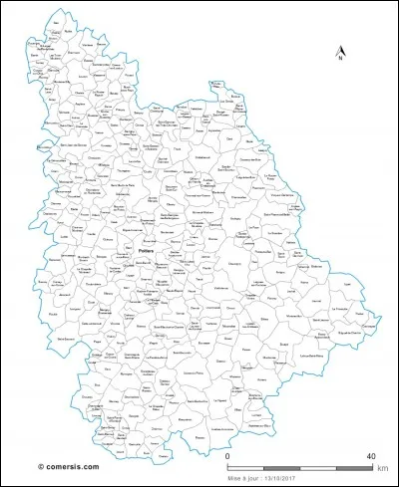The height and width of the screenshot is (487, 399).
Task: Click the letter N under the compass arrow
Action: (x=340, y=60)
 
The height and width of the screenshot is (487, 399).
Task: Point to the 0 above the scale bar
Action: (x=228, y=456)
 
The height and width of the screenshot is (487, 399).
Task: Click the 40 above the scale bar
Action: (x=371, y=456)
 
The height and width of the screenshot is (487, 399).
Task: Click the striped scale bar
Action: (x=299, y=466)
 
